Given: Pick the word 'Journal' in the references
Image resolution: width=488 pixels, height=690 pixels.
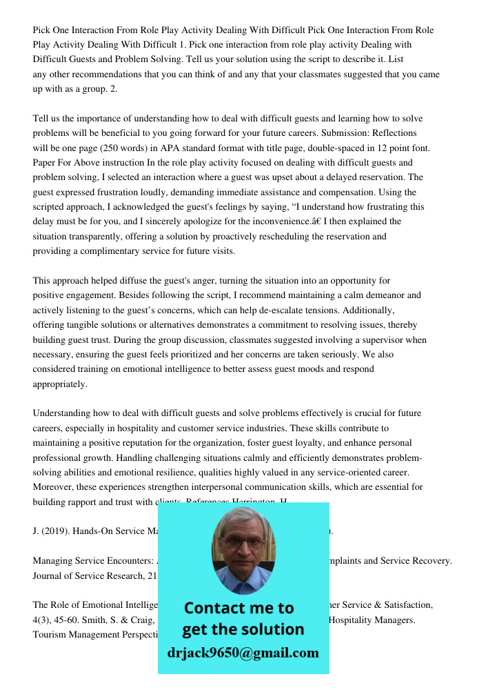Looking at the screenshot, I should [50, 575].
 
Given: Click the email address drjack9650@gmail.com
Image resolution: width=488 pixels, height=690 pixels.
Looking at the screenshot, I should [243, 652].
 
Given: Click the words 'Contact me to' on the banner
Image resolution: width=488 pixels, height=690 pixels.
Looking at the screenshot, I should [239, 608].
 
